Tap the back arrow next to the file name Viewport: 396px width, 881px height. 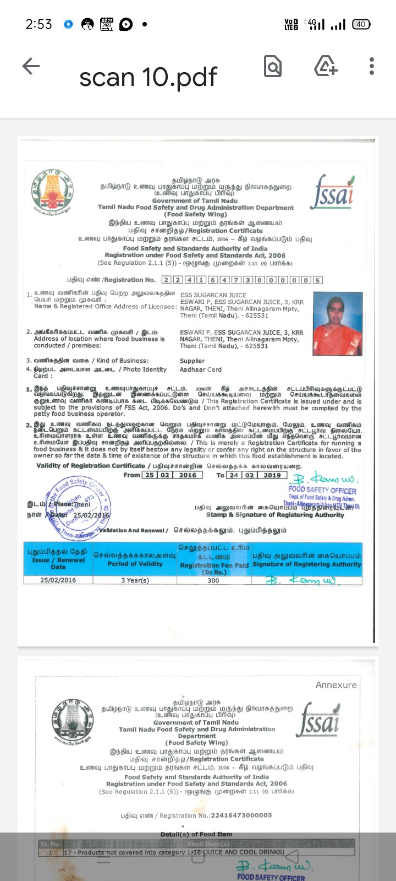31,67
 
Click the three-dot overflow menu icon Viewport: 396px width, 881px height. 372,66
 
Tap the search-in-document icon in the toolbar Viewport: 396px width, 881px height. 272,67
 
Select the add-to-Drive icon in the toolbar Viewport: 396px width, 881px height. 325,66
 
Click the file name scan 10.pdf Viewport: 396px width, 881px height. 148,77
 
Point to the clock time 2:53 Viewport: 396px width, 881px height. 38,24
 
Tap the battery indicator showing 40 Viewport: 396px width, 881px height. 361,24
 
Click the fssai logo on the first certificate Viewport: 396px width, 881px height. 332,192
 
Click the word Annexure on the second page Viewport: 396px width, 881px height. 336,685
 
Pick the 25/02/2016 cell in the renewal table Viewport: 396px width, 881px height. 58,580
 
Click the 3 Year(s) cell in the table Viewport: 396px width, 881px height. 135,580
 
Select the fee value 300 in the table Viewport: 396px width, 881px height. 213,580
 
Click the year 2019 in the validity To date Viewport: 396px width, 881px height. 272,475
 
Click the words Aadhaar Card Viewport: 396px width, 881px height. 201,369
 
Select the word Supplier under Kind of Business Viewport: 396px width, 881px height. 192,361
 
